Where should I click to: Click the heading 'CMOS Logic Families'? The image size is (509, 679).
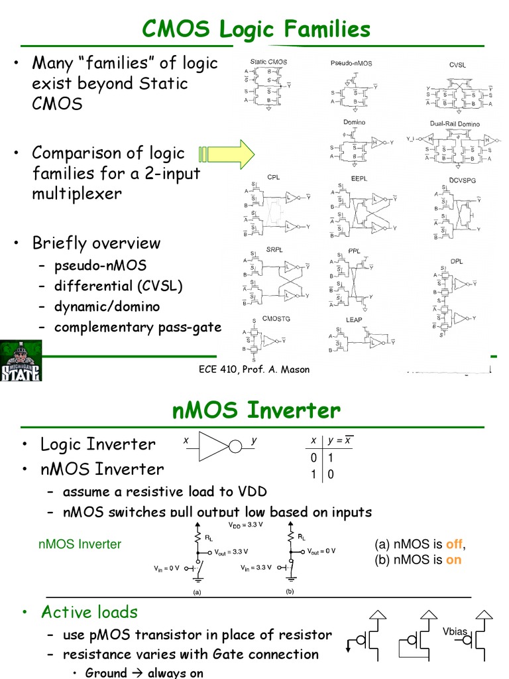pos(256,30)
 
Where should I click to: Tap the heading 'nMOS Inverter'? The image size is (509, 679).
pos(256,410)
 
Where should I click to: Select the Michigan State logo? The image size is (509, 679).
pos(21,361)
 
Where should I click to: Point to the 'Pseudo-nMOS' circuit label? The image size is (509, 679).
pos(351,63)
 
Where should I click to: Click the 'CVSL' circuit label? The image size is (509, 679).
pos(457,65)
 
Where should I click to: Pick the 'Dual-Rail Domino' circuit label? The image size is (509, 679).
pos(455,124)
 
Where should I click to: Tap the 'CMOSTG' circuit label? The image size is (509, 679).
pos(276,319)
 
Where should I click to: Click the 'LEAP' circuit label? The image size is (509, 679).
pos(354,320)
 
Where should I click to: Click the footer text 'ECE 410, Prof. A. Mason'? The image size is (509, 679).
pos(254,369)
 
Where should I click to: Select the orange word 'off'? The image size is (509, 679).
pos(454,544)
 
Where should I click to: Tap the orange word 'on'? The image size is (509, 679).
pos(453,559)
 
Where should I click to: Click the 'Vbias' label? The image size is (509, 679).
pos(455,631)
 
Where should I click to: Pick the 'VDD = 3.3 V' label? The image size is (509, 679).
pos(245,525)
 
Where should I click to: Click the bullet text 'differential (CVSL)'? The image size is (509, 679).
pos(118,286)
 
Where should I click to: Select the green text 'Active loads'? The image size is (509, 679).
pos(89,612)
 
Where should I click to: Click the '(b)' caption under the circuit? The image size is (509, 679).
pos(290,590)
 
